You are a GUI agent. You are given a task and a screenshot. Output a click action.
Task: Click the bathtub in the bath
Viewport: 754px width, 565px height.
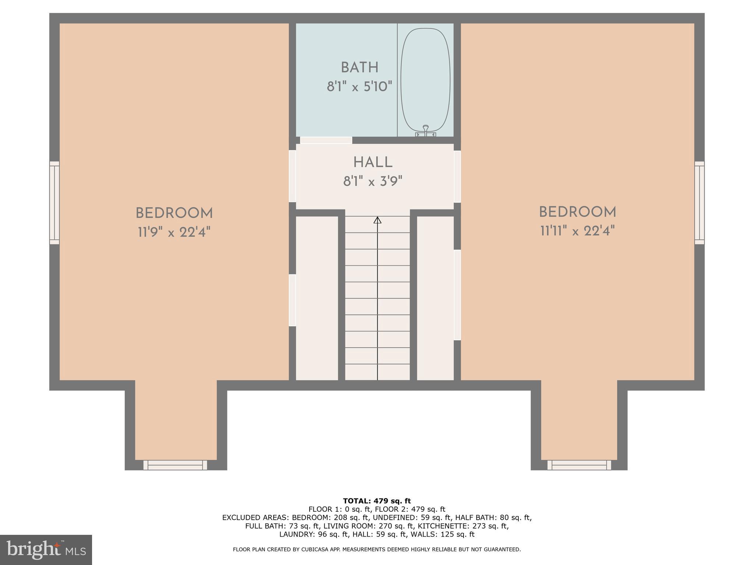[425, 81]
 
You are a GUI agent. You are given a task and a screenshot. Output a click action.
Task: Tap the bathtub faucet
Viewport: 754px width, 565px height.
[426, 129]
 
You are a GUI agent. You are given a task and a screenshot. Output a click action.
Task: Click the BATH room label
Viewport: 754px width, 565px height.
[359, 68]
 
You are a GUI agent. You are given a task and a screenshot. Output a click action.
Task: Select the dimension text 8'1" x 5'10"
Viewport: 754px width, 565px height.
[359, 87]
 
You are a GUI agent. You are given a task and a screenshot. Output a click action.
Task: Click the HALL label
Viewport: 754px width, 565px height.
[373, 162]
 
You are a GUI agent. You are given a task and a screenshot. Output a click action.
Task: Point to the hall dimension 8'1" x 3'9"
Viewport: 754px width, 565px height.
[373, 181]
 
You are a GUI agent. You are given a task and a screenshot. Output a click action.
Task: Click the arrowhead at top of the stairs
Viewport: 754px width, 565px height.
[377, 220]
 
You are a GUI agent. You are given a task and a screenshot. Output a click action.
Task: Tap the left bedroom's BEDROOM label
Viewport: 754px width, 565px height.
[174, 213]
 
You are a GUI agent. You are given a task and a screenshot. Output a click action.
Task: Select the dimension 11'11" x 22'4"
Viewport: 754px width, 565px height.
[577, 231]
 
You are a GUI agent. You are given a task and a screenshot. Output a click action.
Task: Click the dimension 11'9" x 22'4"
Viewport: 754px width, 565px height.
[174, 232]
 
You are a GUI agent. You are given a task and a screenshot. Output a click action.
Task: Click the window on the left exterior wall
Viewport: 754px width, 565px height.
[54, 203]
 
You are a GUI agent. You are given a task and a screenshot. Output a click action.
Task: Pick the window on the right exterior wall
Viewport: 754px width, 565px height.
[699, 203]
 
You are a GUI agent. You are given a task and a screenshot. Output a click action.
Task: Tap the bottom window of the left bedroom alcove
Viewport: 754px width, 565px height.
[175, 465]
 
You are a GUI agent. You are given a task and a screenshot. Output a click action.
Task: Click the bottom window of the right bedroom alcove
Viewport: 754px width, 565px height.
[579, 465]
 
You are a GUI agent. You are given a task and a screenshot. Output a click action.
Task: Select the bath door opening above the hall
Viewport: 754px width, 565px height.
[326, 140]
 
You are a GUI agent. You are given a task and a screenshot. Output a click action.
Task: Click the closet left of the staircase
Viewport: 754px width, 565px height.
[317, 298]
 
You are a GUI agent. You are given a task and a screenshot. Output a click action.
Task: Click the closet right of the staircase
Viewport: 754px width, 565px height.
[435, 298]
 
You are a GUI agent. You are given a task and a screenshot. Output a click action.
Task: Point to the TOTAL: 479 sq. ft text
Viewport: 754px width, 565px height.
[377, 501]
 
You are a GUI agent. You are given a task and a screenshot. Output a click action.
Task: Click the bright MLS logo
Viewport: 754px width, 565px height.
[46, 550]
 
